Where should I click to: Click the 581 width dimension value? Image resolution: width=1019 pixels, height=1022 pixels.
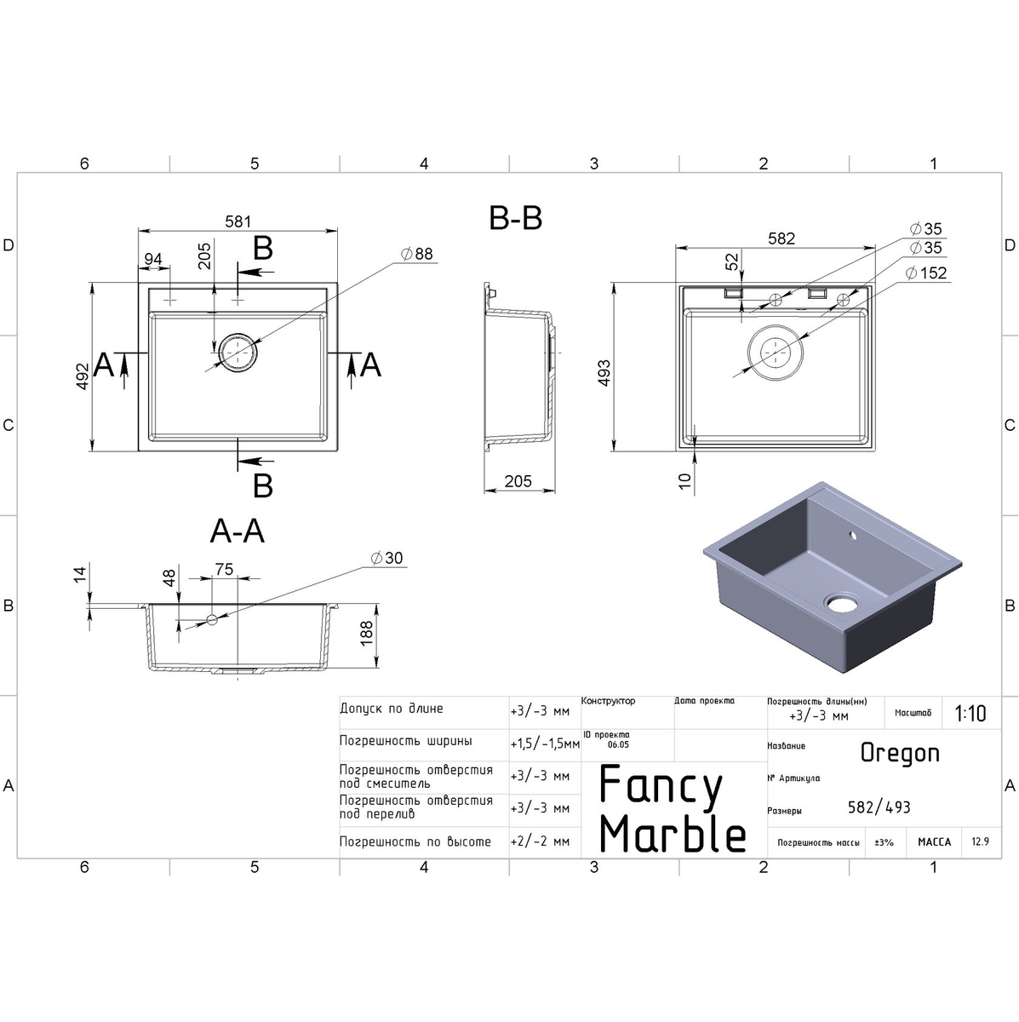point(238,221)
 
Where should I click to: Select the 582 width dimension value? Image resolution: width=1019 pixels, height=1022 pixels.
point(781,238)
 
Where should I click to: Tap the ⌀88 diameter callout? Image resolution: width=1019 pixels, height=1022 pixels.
point(417,254)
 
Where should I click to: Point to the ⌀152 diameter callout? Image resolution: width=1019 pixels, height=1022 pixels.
point(926,273)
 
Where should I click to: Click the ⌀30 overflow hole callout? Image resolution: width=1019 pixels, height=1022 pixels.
point(386,558)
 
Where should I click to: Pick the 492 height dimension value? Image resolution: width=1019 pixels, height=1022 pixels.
point(83,376)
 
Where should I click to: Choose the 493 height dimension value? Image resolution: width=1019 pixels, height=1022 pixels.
point(604,373)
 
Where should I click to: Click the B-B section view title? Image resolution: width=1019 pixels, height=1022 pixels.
point(515,219)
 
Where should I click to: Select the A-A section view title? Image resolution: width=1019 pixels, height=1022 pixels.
point(237,531)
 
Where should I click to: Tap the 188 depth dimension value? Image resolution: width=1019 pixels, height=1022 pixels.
point(366,634)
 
